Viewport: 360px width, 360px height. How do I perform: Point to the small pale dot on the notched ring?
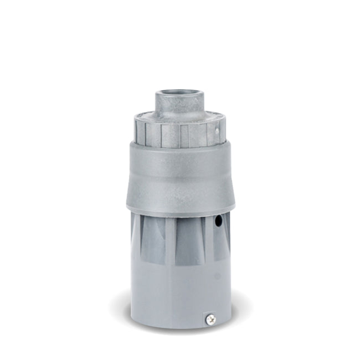[217, 131]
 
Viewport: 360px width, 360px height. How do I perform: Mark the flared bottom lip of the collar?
[179, 209]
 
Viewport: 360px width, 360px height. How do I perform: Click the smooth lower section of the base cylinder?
[172, 294]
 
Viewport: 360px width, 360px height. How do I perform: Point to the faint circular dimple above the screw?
[217, 275]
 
